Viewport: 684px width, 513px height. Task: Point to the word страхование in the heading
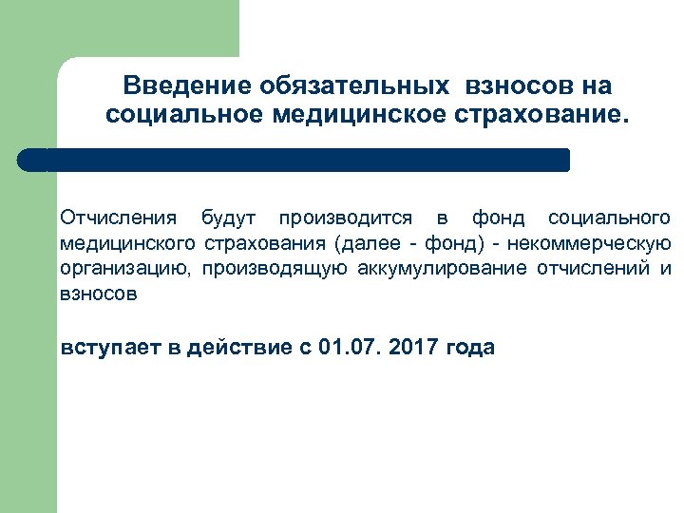[541, 115]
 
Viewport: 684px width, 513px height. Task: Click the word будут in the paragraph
[228, 218]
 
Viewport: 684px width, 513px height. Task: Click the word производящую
[276, 269]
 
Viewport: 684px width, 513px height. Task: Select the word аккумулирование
[443, 269]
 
